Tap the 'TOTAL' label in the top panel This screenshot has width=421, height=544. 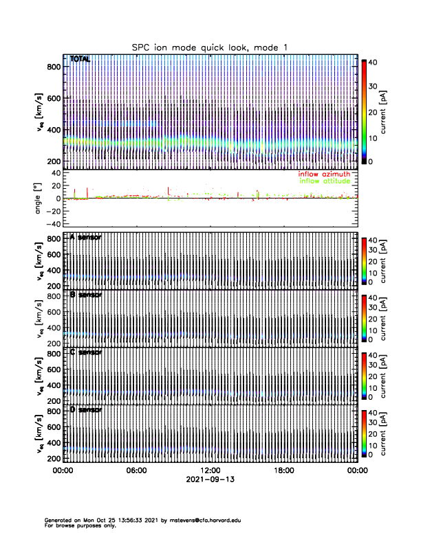pyautogui.click(x=80, y=60)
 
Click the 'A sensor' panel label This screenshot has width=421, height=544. pyautogui.click(x=85, y=237)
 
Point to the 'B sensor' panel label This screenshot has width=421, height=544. pyautogui.click(x=85, y=295)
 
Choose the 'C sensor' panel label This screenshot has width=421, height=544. pyautogui.click(x=85, y=352)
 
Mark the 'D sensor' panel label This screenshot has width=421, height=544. pyautogui.click(x=85, y=410)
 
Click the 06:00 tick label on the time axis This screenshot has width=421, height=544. pyautogui.click(x=136, y=471)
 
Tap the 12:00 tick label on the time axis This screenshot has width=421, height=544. pyautogui.click(x=210, y=471)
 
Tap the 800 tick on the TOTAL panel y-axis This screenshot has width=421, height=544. pyautogui.click(x=52, y=66)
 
